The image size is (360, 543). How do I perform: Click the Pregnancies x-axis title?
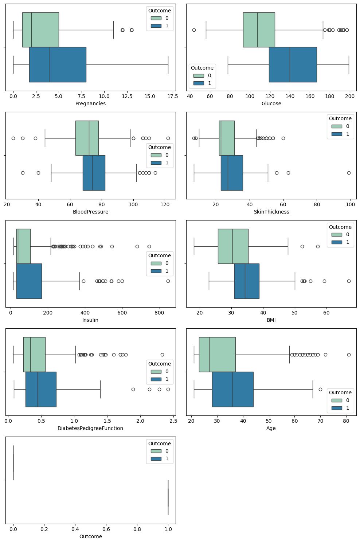tap(90, 103)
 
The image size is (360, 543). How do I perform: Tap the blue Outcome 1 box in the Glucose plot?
tap(293, 65)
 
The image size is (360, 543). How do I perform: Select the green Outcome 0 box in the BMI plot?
tap(233, 246)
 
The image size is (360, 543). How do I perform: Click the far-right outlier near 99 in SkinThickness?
tap(349, 173)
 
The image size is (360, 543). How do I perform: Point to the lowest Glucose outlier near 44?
tap(194, 30)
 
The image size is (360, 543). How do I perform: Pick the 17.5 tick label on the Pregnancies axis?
tap(168, 96)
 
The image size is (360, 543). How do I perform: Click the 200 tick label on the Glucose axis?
tap(350, 96)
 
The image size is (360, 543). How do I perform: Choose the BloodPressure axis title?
tap(90, 212)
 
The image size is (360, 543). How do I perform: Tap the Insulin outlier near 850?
tap(168, 281)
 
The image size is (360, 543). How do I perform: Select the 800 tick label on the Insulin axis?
tap(159, 313)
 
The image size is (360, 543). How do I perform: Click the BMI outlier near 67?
tap(349, 281)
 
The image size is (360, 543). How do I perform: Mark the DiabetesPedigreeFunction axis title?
tap(90, 428)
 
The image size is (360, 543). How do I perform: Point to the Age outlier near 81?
tap(349, 355)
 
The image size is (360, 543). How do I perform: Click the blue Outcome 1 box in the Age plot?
tap(232, 389)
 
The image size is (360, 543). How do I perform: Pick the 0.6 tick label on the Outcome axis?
tap(106, 529)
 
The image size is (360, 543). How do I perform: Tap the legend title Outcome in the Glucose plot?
tap(202, 68)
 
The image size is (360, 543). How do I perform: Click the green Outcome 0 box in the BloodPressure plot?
tap(87, 138)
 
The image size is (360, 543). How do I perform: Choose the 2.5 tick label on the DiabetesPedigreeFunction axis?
tap(173, 421)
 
